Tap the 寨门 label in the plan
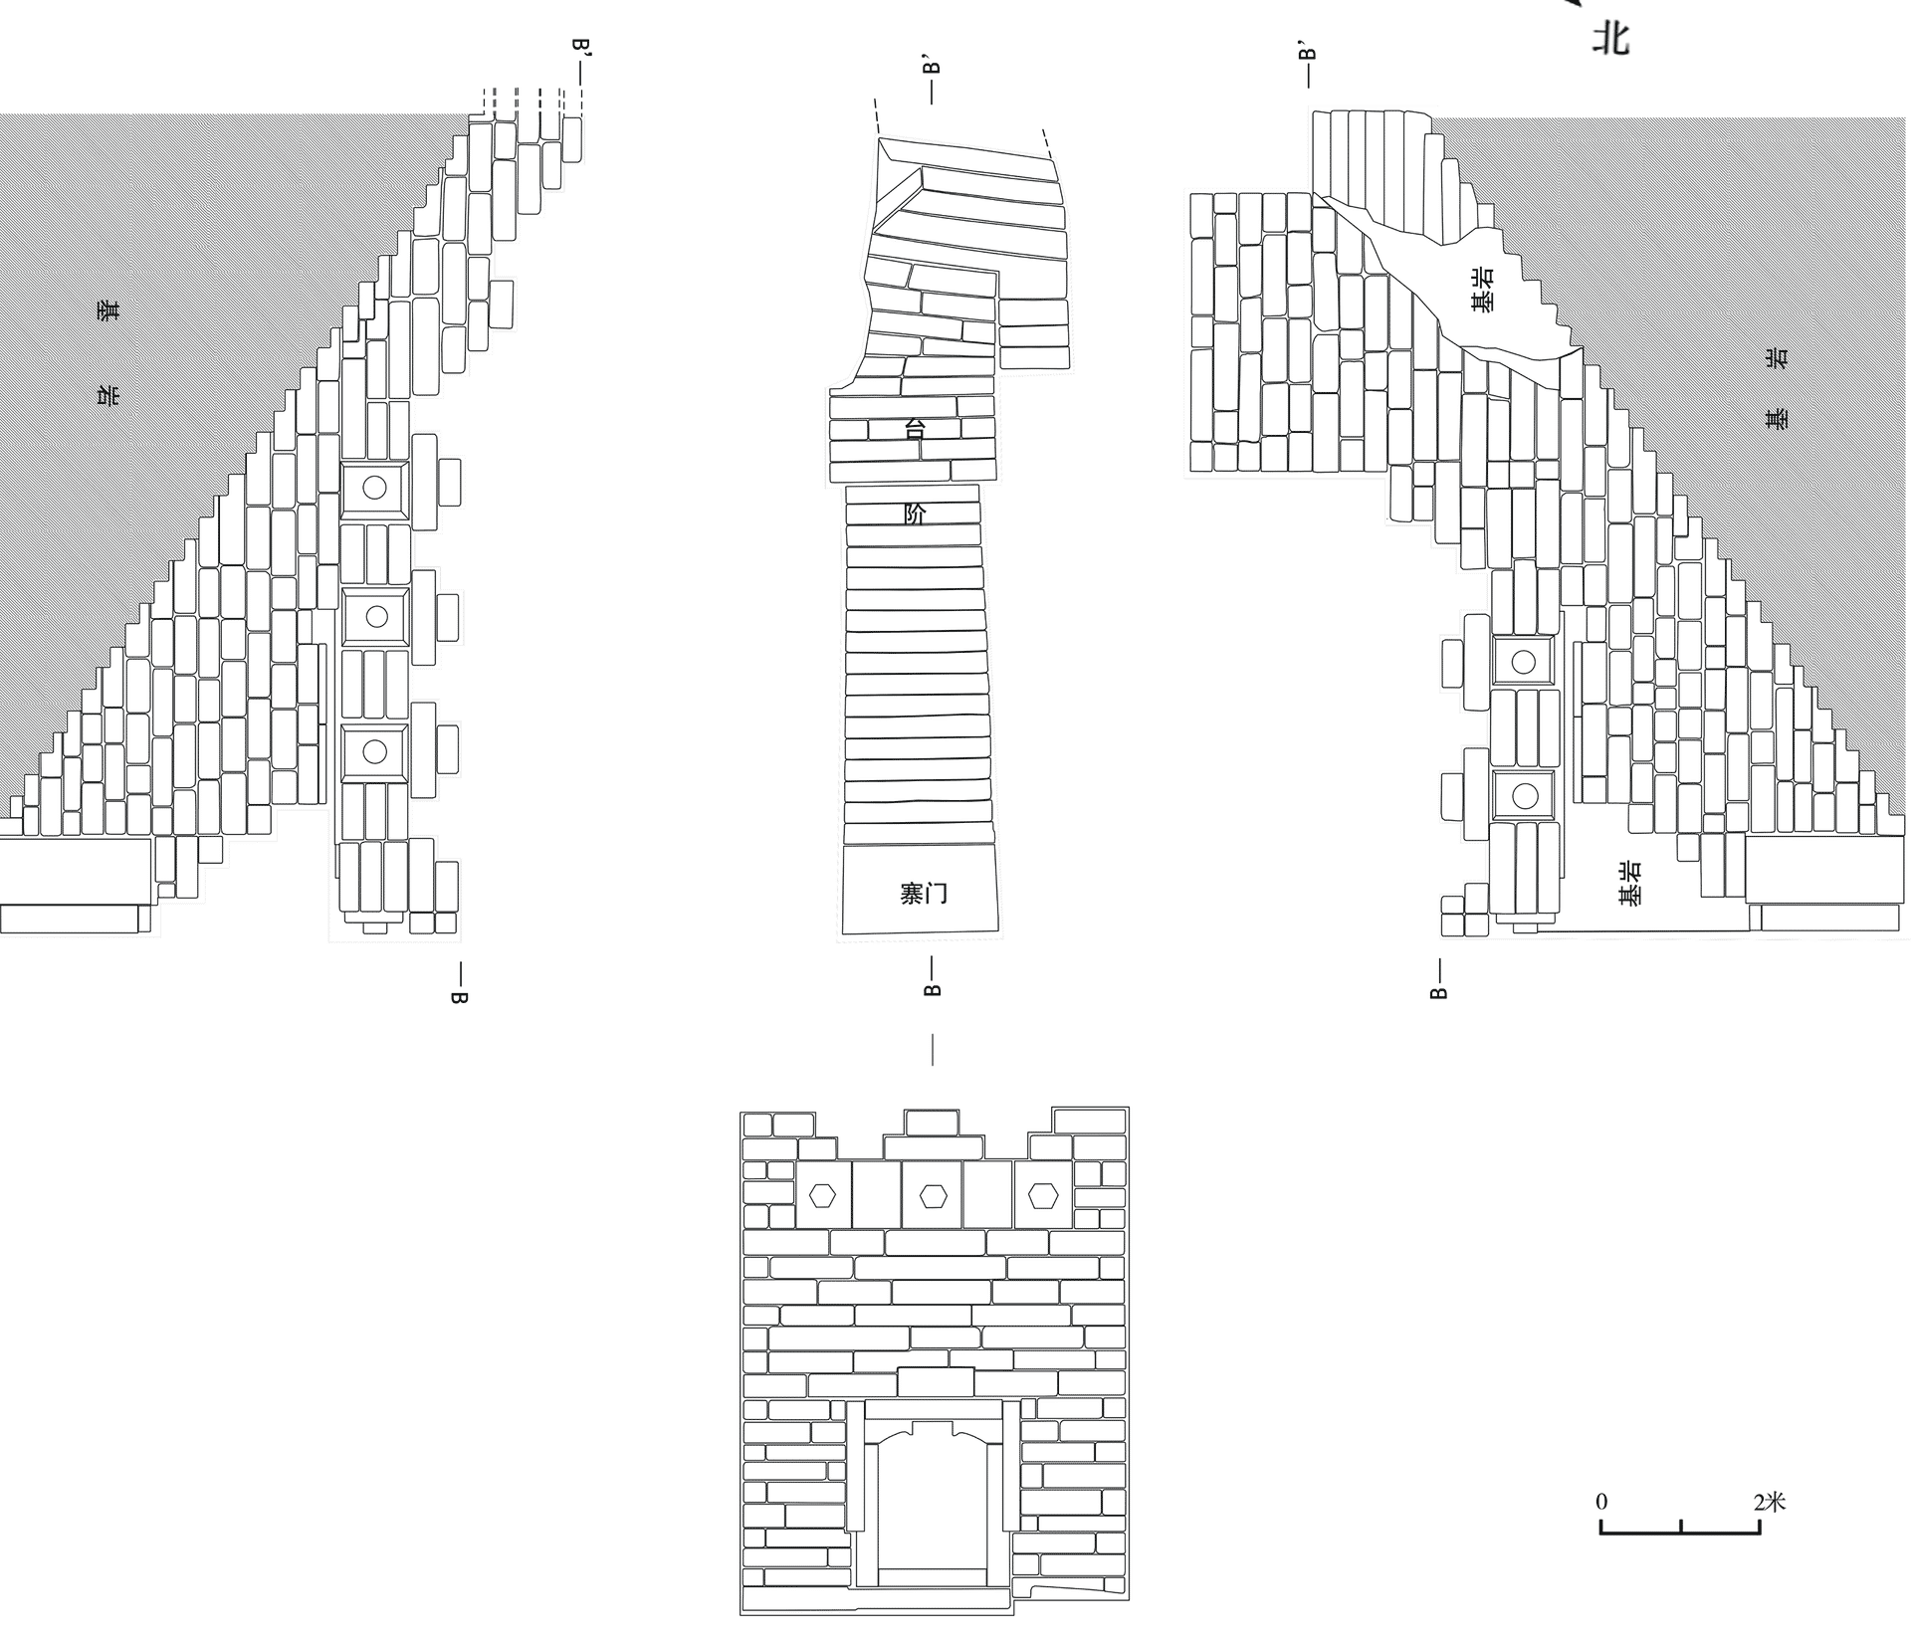[924, 893]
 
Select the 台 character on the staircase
[915, 429]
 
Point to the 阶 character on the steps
[915, 513]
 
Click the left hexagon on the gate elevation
[822, 1194]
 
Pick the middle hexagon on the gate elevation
[932, 1194]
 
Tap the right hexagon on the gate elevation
[1042, 1194]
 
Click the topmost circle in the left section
[374, 488]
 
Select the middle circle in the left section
[376, 617]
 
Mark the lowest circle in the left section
[374, 751]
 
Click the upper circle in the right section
[1523, 662]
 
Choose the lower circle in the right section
[1524, 795]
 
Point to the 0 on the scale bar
[1601, 1502]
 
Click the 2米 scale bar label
[1770, 1501]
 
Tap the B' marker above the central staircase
[932, 66]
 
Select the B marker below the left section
[459, 996]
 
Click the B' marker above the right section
[1308, 51]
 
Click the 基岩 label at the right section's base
[1630, 883]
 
